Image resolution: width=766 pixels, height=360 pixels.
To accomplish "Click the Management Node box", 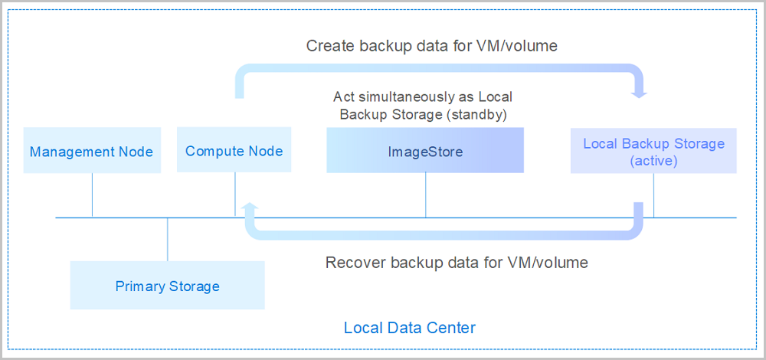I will (91, 151).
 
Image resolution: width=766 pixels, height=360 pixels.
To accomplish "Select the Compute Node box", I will (234, 151).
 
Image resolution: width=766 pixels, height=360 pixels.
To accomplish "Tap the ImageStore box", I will (425, 151).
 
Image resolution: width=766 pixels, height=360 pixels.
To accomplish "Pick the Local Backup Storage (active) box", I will (653, 152).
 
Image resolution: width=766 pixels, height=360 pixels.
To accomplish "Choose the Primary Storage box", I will (167, 286).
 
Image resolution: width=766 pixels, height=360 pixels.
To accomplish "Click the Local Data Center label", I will (410, 328).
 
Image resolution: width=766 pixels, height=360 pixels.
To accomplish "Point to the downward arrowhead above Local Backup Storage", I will (640, 93).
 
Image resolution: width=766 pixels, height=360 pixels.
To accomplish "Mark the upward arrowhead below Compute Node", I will (247, 207).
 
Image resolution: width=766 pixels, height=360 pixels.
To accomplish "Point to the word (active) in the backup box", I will (653, 161).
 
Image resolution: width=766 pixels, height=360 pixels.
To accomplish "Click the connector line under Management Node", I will (92, 195).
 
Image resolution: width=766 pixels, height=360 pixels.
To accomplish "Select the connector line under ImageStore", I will (426, 195).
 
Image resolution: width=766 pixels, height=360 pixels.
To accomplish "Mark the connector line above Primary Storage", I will (167, 240).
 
